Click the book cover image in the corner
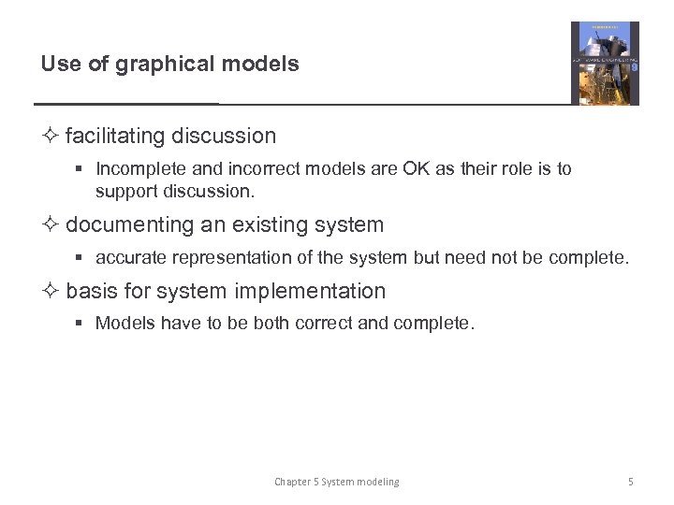[605, 64]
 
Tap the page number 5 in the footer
[631, 482]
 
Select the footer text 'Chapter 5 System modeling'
[336, 482]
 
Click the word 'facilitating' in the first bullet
[115, 136]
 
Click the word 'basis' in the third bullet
[92, 291]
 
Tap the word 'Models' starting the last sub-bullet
[125, 324]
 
